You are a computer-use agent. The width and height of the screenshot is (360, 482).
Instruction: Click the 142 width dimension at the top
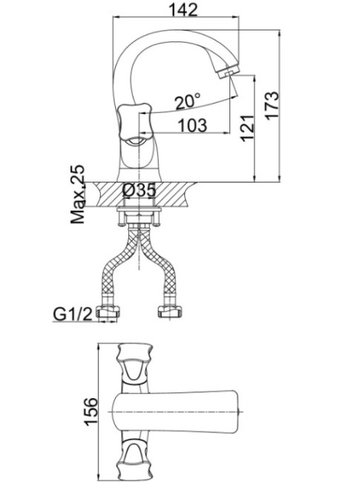click(x=183, y=10)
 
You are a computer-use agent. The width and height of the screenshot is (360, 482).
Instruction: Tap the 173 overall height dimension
click(x=272, y=105)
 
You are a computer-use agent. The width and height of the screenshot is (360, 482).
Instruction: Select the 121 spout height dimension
click(x=247, y=128)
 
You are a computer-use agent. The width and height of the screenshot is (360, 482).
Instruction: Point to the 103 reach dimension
click(x=192, y=125)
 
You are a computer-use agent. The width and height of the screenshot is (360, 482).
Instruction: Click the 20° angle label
click(x=187, y=102)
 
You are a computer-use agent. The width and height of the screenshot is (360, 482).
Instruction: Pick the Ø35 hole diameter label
click(x=139, y=191)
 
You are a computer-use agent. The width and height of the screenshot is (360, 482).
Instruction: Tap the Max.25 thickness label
click(x=77, y=194)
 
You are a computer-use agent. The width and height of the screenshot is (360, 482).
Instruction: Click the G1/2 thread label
click(x=73, y=314)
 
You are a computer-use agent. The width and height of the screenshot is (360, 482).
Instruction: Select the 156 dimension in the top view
click(x=91, y=412)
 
